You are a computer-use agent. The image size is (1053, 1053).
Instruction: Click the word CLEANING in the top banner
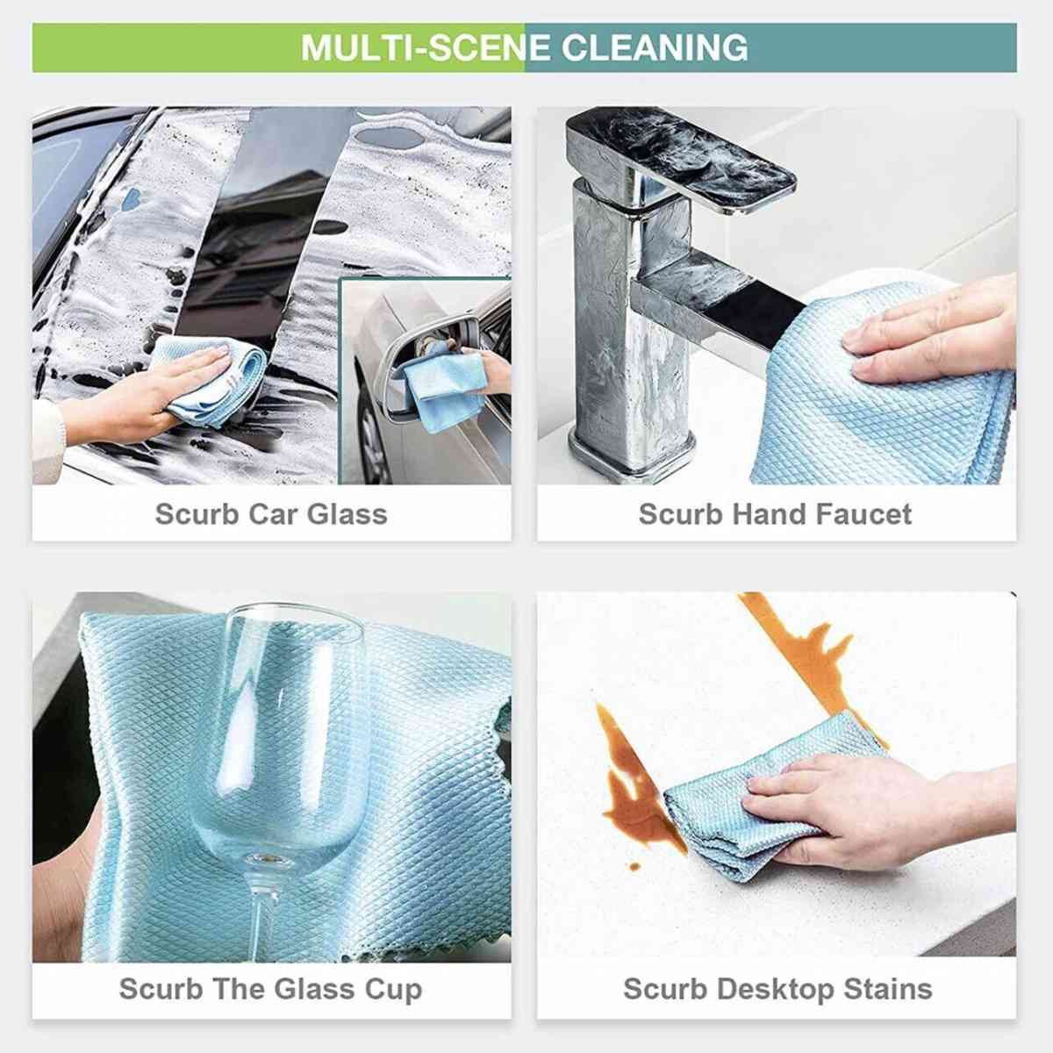coord(655,47)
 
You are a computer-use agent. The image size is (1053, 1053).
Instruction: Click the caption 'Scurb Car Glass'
coord(271,514)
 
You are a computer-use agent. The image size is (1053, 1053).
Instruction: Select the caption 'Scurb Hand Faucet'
coord(775,514)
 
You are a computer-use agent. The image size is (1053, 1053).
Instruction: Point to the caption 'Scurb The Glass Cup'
coord(270,989)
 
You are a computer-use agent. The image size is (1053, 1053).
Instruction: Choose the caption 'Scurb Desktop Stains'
coord(777,989)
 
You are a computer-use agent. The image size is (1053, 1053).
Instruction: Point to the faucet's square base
coord(631,453)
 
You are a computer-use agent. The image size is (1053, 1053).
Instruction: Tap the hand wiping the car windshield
coord(137,393)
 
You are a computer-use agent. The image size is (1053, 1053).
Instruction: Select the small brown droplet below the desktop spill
coord(634,867)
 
